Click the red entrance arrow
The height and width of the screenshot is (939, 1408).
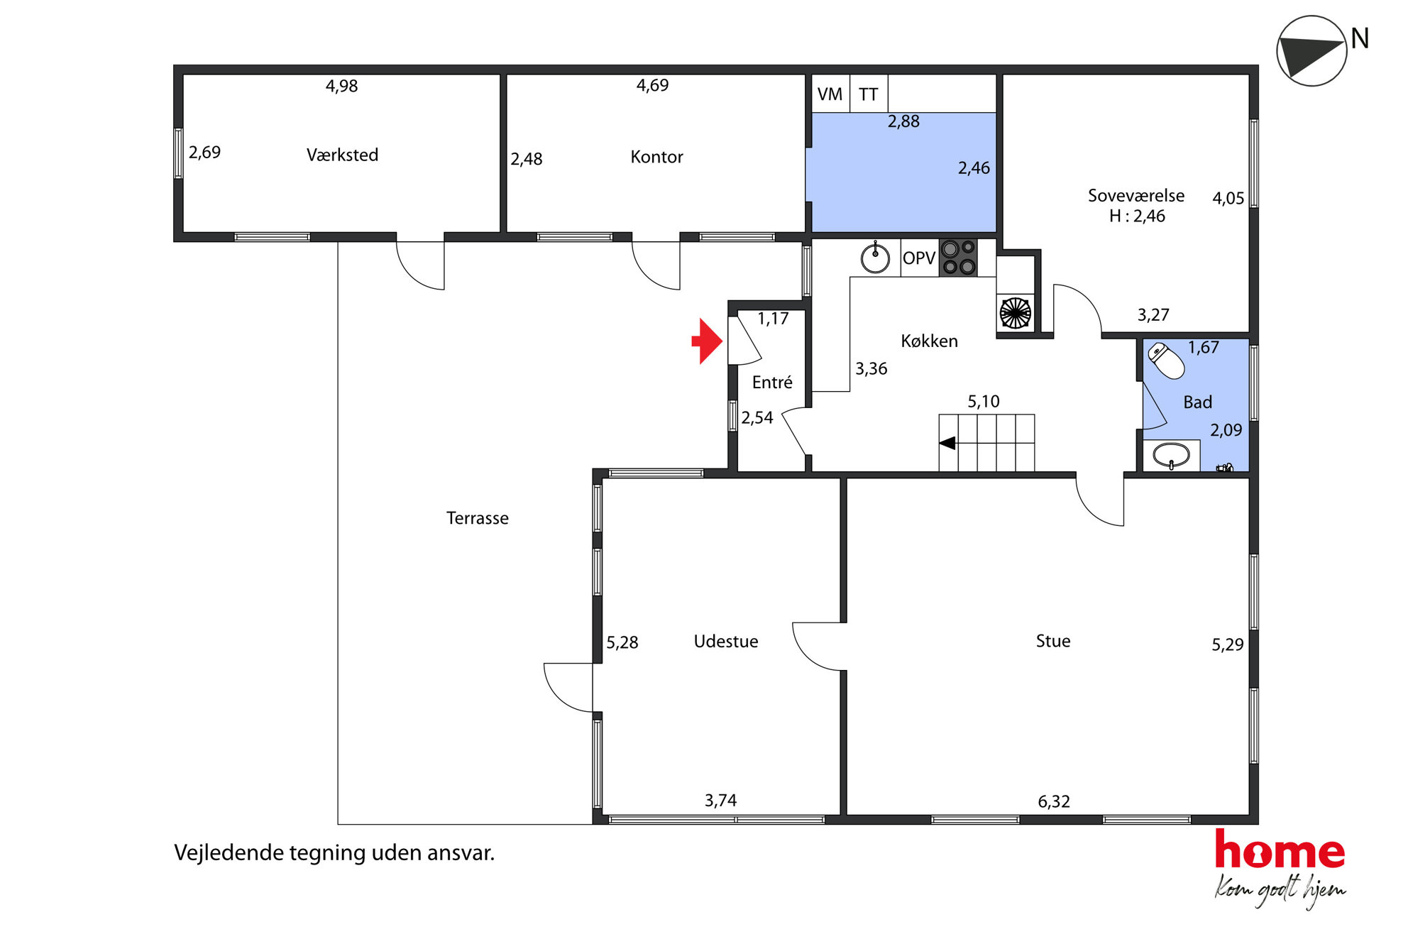(707, 341)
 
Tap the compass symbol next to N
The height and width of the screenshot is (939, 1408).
(1311, 51)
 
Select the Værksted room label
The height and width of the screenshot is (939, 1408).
(342, 155)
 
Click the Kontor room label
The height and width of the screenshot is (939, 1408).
(656, 157)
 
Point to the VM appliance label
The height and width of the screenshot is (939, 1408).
(830, 94)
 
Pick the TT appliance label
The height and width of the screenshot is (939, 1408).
(868, 94)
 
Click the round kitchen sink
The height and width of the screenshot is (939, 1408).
(875, 258)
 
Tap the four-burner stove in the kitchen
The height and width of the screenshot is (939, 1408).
(958, 258)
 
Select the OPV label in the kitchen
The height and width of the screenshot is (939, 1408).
(919, 258)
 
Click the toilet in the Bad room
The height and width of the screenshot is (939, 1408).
(1166, 361)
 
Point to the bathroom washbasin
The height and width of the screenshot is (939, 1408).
(1171, 455)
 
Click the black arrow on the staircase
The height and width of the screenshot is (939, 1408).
(947, 444)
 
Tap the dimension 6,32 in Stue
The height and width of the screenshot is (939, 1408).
(1054, 801)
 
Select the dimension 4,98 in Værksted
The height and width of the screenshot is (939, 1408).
(341, 86)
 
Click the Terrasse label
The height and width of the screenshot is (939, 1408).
(478, 518)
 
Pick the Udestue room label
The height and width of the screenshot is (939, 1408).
(726, 642)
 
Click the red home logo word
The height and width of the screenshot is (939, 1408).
(1280, 850)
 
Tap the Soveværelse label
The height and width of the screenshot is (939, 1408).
(1136, 195)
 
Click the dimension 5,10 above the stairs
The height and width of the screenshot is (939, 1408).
(984, 402)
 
